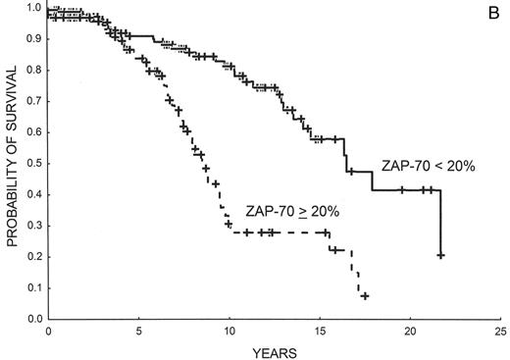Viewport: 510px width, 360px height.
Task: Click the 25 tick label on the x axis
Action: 501,333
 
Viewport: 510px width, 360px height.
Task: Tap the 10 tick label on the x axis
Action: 229,333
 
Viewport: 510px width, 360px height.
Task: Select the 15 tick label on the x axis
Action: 320,333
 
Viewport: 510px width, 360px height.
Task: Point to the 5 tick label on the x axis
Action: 138,333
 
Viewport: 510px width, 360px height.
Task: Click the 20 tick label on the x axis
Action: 411,333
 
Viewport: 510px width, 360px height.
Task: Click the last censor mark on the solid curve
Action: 441,255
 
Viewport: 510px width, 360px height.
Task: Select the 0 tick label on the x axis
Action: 48,333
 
